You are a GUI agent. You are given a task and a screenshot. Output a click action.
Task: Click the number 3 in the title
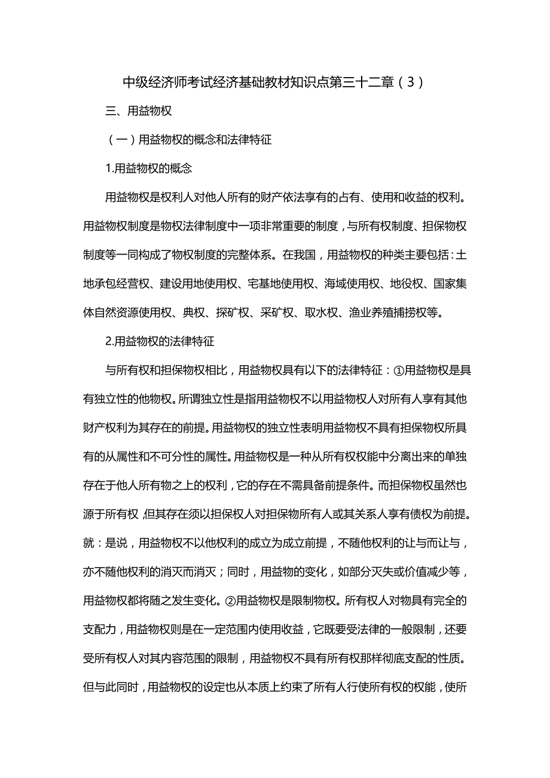(410, 82)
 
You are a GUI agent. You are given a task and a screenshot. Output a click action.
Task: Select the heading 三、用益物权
(139, 111)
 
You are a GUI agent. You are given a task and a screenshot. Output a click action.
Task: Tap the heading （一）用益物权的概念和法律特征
(189, 140)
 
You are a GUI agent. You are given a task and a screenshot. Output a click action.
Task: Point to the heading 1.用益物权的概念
(148, 169)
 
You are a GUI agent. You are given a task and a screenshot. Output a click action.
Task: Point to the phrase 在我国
(300, 255)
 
